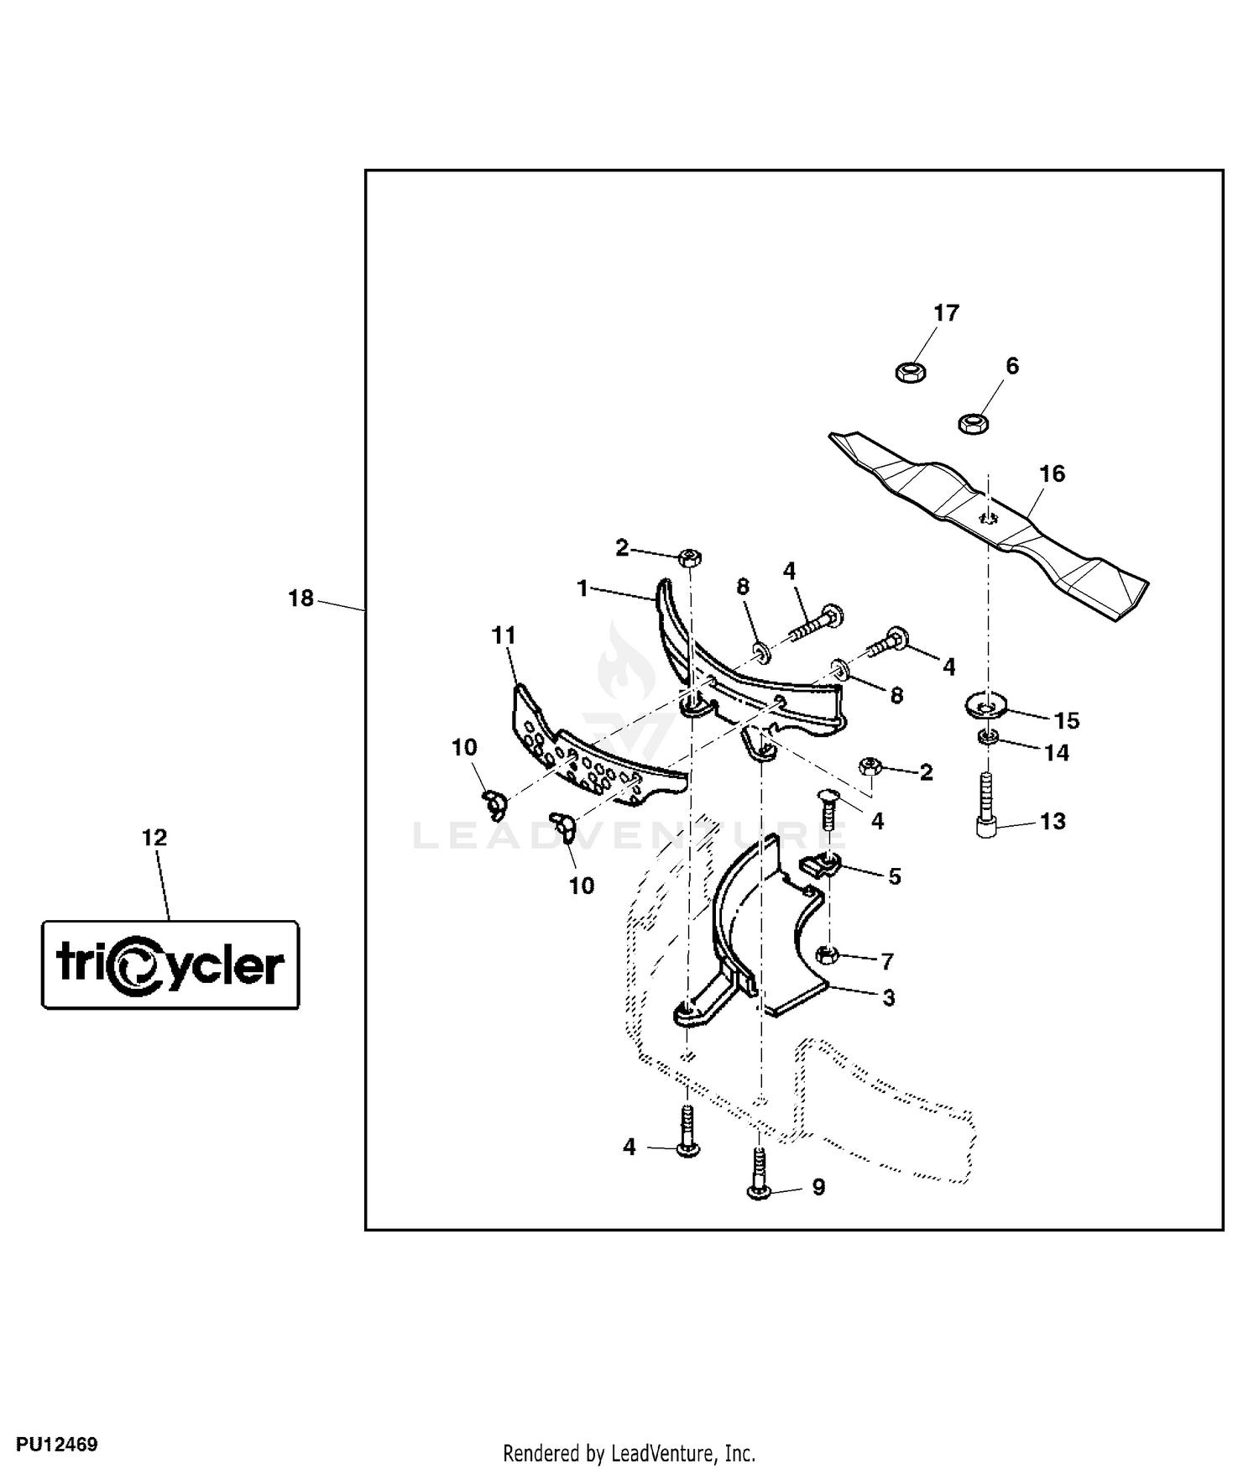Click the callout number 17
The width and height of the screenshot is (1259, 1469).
(946, 313)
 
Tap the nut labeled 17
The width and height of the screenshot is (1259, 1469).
(908, 370)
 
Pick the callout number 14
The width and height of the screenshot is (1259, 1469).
(1056, 753)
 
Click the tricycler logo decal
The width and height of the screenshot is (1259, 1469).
(170, 965)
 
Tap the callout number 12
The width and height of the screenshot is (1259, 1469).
(154, 838)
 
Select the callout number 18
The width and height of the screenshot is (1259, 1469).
(300, 599)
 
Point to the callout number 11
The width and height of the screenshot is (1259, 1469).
(504, 636)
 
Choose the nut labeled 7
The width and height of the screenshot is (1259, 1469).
(826, 954)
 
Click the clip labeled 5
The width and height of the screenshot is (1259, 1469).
(818, 863)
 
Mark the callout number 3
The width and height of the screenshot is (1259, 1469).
(888, 998)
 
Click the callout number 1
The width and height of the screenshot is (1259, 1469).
(582, 588)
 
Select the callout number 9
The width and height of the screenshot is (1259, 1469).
(818, 1187)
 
